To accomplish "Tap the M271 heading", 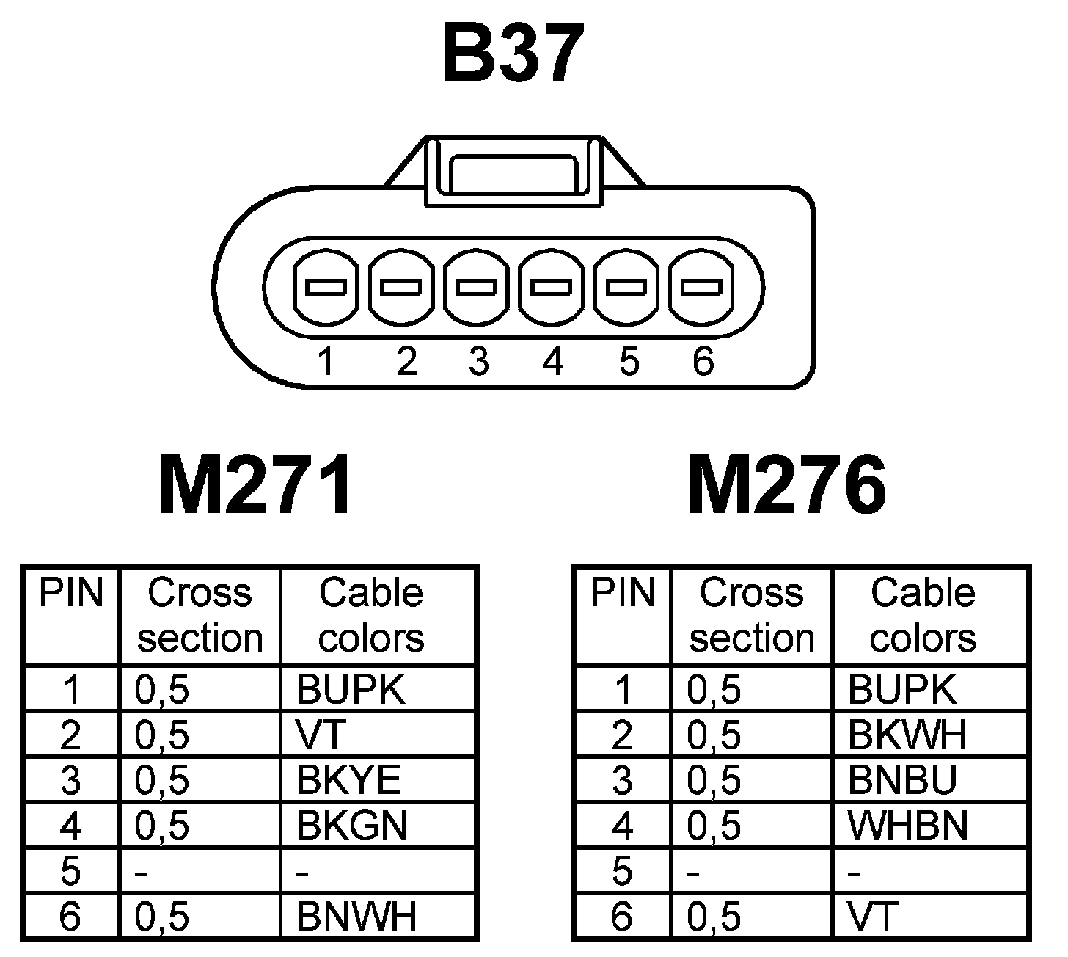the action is [255, 486].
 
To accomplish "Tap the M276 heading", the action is [787, 486].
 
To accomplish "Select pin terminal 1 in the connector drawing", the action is [326, 288].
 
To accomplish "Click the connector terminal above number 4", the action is [552, 288].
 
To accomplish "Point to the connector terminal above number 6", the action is [703, 288].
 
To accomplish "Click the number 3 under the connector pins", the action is [478, 361].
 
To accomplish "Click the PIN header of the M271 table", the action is [70, 593].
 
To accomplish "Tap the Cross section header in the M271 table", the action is [200, 615].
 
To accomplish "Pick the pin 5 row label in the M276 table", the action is [621, 871].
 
